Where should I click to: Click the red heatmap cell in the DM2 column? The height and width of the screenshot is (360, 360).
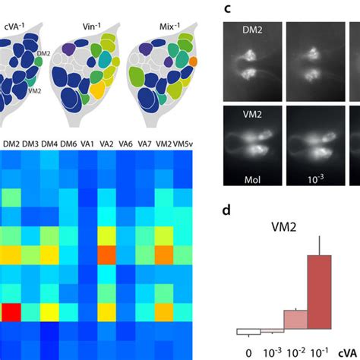[x=11, y=311]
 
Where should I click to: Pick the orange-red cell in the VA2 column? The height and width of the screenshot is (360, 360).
[x=106, y=253]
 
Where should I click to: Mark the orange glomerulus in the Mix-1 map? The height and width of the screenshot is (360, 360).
[x=193, y=60]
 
